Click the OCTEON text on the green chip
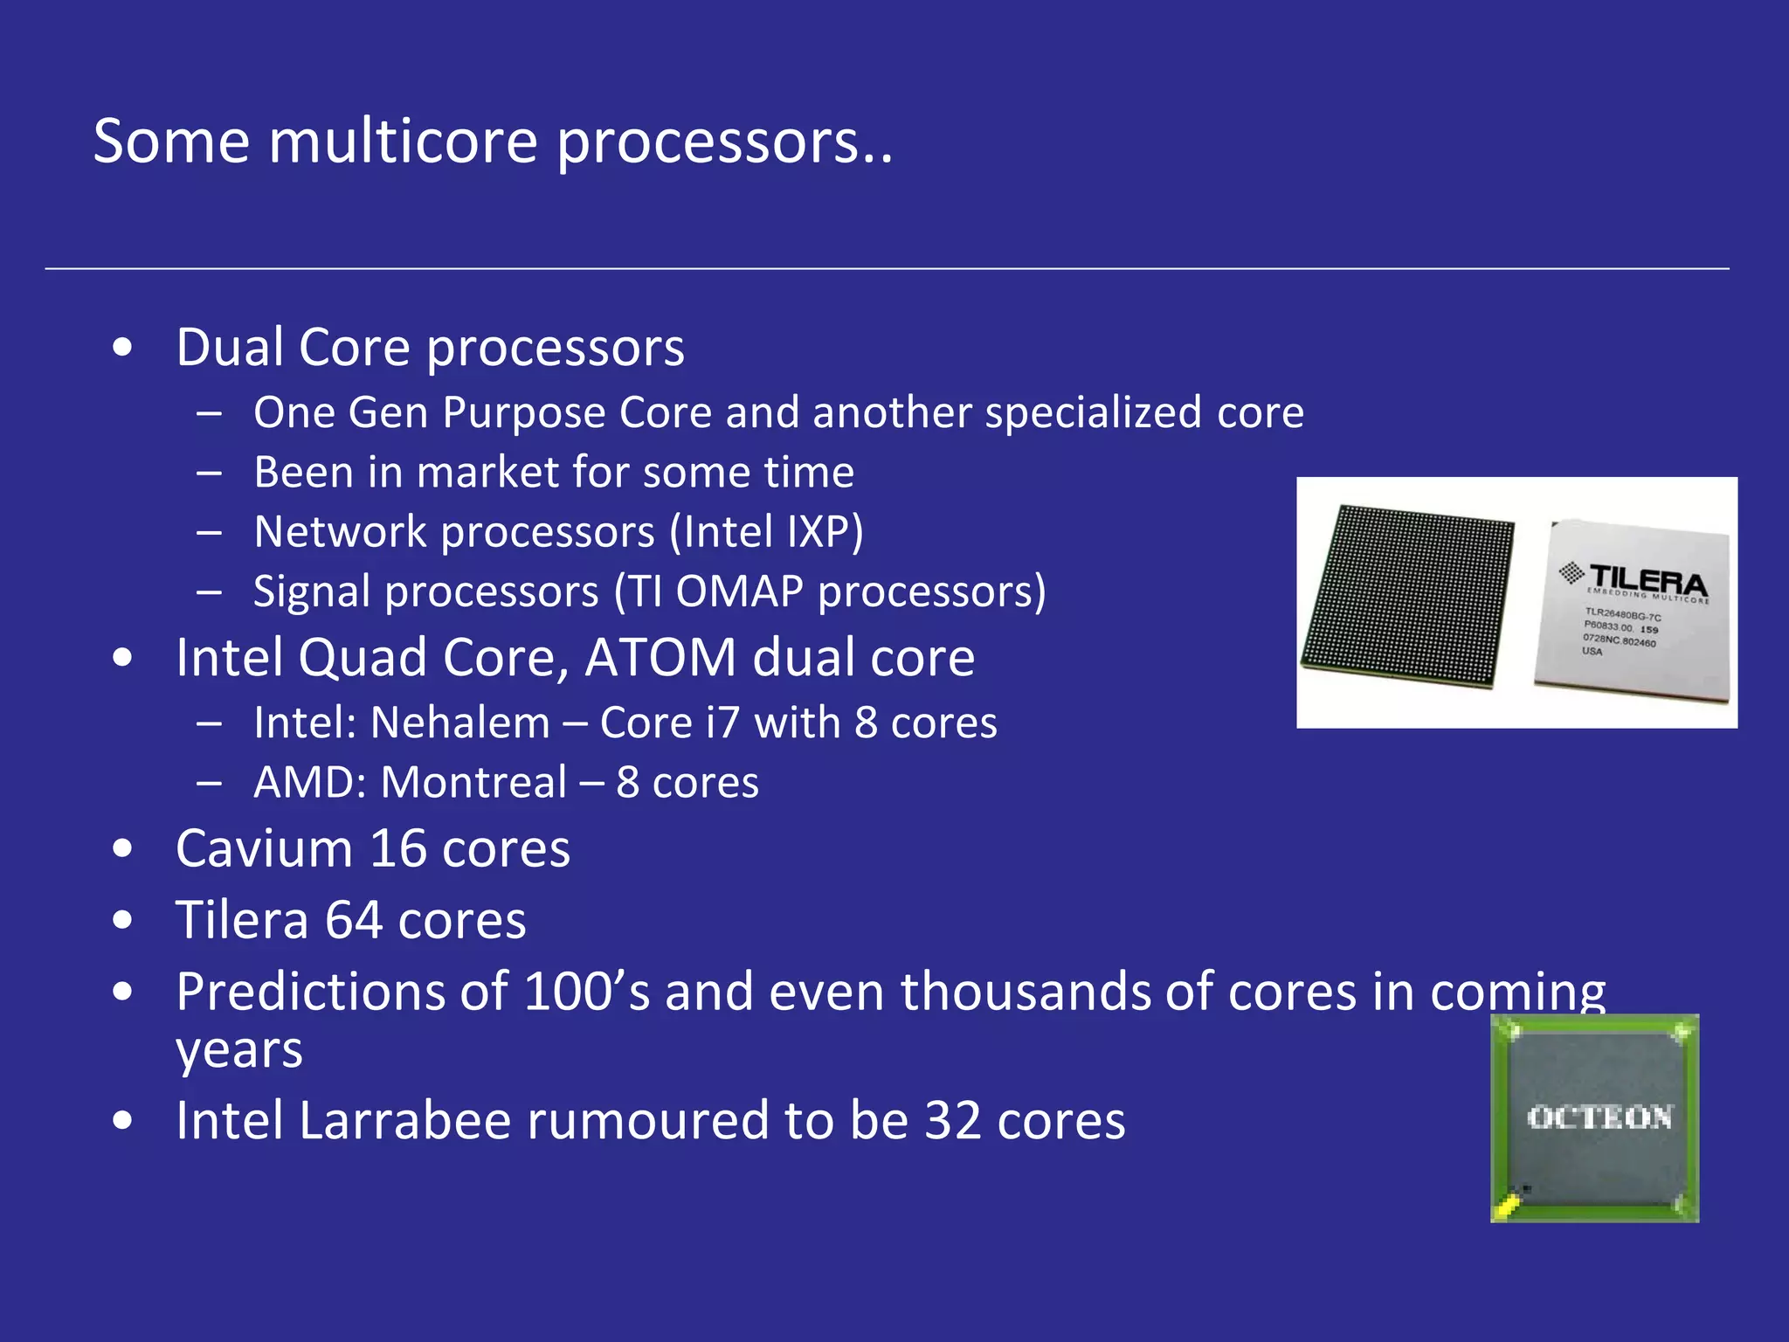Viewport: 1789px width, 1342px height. point(1599,1117)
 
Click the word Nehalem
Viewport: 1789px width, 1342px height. point(460,723)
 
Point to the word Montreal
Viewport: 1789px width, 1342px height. point(473,783)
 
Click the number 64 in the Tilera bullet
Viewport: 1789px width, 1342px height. point(353,921)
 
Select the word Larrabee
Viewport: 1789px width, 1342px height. point(404,1121)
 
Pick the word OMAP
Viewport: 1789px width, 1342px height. point(739,592)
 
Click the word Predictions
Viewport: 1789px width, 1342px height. point(342,993)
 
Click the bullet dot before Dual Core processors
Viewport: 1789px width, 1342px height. point(123,348)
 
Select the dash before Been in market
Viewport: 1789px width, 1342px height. point(209,474)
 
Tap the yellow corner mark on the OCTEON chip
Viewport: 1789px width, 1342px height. point(1506,1208)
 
